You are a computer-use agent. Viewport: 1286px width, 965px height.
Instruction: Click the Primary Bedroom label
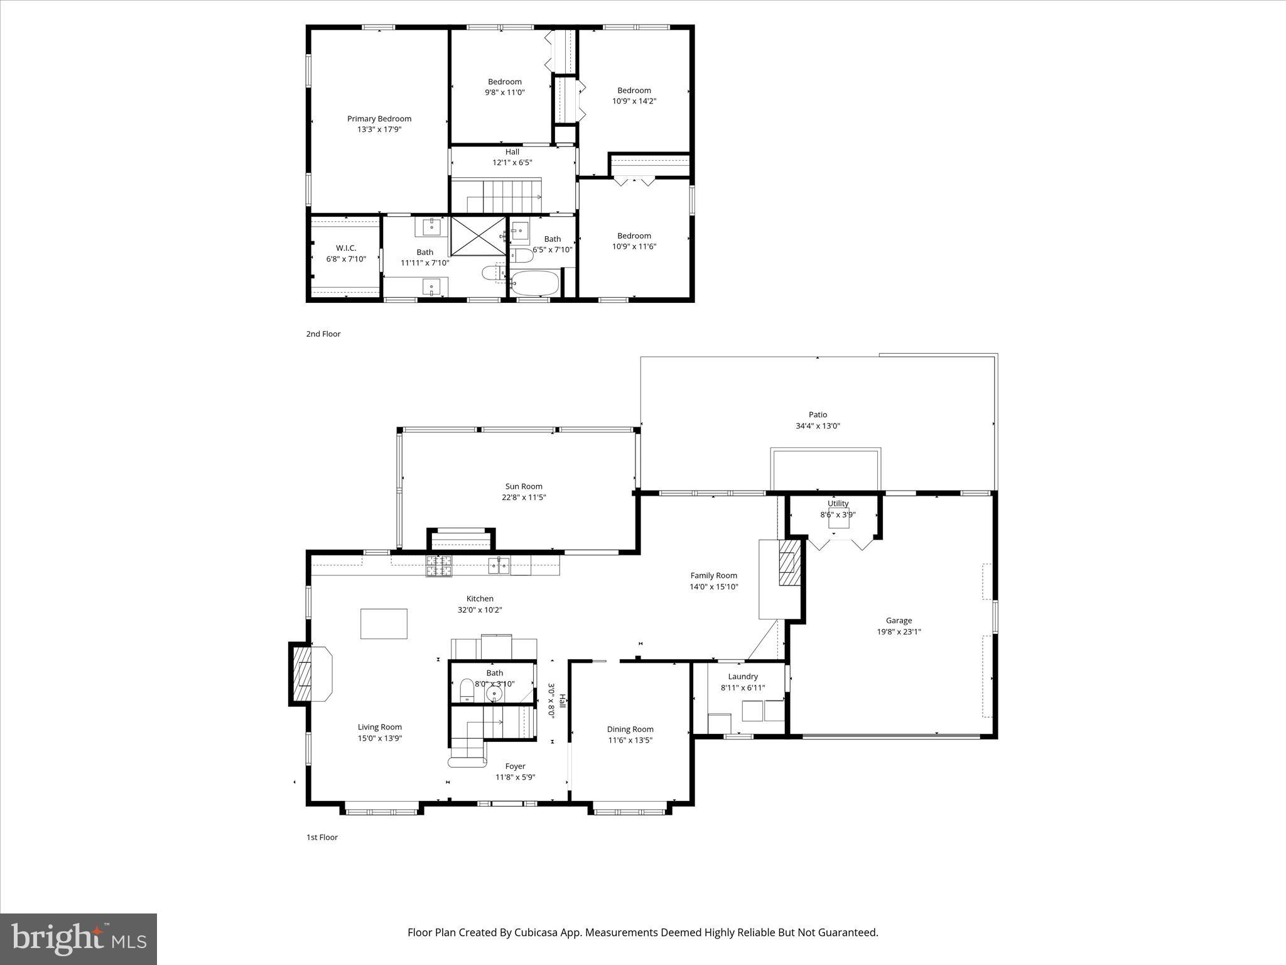click(379, 119)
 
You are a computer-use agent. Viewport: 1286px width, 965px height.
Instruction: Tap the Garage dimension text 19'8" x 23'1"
click(899, 632)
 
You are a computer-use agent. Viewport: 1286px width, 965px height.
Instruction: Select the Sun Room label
click(524, 486)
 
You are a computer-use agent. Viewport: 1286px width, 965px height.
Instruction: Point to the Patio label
click(818, 415)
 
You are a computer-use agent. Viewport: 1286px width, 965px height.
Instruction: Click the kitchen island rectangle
click(384, 624)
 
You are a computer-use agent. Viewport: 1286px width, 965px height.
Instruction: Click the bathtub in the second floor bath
click(534, 283)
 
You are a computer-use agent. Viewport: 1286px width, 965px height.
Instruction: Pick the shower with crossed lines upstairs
click(478, 236)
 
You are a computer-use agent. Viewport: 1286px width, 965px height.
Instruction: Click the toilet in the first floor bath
click(467, 690)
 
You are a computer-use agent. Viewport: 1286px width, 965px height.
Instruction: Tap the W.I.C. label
click(345, 248)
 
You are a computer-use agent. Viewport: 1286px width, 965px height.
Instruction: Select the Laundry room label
click(743, 677)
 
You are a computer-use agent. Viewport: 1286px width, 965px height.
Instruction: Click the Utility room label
click(838, 503)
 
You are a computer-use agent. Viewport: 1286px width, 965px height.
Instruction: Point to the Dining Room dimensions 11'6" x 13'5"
click(630, 740)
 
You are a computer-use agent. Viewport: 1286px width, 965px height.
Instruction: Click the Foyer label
click(515, 766)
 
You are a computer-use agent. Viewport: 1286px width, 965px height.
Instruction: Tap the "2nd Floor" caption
click(323, 334)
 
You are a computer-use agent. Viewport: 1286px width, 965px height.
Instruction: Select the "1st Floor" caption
click(322, 837)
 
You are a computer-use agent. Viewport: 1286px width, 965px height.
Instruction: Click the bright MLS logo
click(78, 939)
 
